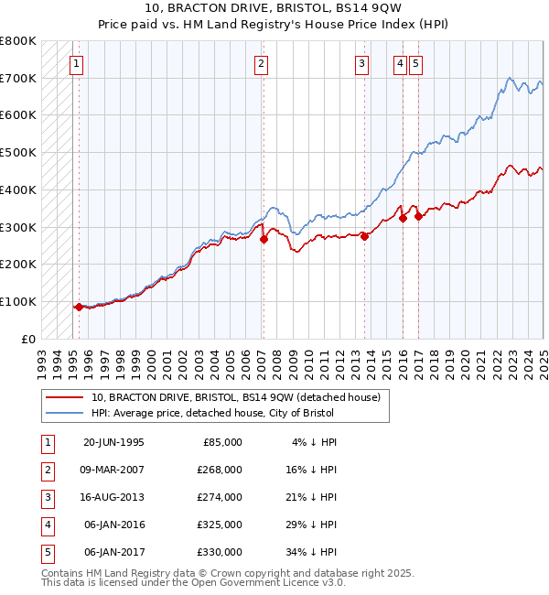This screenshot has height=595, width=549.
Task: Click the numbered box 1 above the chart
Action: (75, 63)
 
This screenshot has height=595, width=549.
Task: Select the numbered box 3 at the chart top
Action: (362, 63)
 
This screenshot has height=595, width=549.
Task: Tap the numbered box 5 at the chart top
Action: (415, 63)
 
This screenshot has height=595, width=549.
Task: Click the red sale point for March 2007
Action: (264, 239)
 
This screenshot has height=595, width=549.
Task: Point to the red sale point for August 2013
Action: (364, 236)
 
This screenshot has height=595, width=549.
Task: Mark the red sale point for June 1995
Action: (79, 307)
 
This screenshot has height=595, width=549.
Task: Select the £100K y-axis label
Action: (19, 301)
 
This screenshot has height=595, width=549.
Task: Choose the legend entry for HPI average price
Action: (212, 413)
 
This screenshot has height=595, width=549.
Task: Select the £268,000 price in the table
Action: (221, 470)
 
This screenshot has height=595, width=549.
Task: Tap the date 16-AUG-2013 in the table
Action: (114, 497)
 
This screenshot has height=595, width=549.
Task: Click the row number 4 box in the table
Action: (47, 525)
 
